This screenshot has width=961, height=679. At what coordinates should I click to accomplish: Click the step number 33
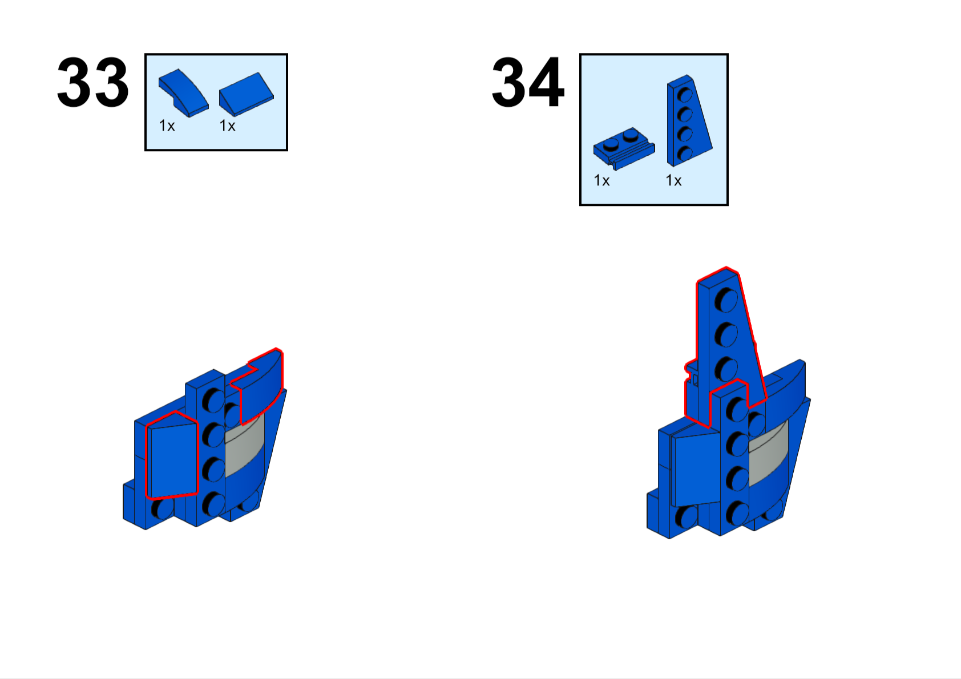tap(92, 82)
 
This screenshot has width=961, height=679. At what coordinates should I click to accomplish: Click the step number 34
tap(528, 82)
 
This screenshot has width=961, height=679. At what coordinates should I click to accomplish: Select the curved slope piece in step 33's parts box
tap(184, 92)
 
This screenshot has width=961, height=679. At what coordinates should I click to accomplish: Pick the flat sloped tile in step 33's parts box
tap(247, 94)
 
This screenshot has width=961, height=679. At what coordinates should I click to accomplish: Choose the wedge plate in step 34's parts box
tap(689, 121)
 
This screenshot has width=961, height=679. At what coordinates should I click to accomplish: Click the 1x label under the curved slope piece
tap(167, 126)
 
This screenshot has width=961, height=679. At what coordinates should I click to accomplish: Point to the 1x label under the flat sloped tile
tap(227, 126)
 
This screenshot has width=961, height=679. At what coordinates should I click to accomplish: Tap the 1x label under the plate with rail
tap(601, 180)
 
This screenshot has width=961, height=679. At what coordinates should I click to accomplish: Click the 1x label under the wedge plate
tap(673, 180)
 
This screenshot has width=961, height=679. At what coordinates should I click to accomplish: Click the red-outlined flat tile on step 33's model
tap(172, 455)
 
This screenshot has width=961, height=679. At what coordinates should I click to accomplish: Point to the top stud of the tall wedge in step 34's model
tap(725, 300)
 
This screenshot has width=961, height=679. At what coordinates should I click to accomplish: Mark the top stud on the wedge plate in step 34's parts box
tap(684, 95)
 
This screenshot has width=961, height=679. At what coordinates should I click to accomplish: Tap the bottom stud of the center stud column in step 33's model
tap(213, 504)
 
